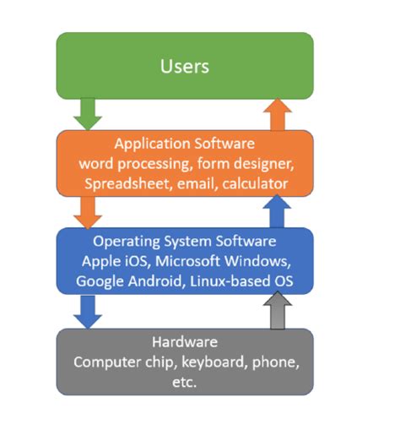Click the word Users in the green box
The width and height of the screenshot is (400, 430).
pyautogui.click(x=184, y=65)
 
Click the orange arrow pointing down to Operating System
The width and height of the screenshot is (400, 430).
pyautogui.click(x=87, y=211)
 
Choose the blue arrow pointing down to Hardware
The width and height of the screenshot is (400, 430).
pyautogui.click(x=87, y=311)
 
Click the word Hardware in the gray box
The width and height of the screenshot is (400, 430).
pyautogui.click(x=184, y=342)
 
